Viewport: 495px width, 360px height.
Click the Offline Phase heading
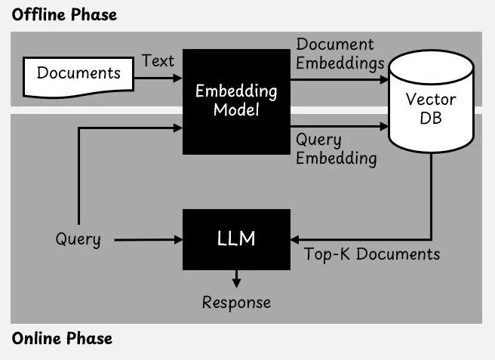click(64, 14)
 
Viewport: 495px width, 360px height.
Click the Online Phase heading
click(61, 338)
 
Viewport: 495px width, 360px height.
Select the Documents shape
click(78, 73)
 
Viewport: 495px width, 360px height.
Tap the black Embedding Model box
click(236, 100)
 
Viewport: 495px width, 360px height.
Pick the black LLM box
click(236, 239)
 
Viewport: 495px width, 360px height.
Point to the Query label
click(78, 240)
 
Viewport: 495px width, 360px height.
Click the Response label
click(236, 303)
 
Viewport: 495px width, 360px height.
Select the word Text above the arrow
click(158, 61)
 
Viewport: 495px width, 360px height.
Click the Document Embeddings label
click(340, 54)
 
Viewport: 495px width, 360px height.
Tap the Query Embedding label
click(336, 149)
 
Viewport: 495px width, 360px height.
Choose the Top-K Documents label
click(372, 254)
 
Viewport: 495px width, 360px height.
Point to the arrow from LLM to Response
click(236, 278)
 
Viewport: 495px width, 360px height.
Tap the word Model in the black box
click(236, 110)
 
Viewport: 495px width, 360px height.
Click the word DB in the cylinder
click(432, 118)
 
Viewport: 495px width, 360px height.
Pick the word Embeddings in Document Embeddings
click(340, 63)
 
